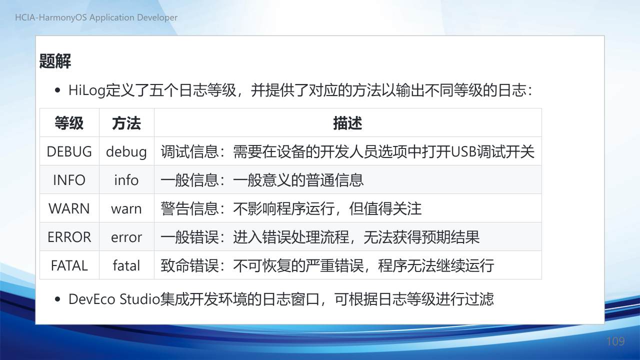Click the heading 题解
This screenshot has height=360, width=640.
(55, 61)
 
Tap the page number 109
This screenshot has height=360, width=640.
(615, 341)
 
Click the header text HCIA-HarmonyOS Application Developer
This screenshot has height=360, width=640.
(96, 17)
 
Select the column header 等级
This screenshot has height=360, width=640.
(69, 123)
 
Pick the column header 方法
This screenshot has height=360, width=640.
(126, 123)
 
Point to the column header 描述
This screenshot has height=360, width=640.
(347, 123)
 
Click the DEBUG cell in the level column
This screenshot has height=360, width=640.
(69, 151)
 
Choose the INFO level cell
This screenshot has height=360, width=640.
(69, 180)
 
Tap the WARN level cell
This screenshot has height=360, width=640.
(69, 208)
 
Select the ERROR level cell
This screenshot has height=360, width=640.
(69, 237)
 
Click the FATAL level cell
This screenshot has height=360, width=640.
(69, 265)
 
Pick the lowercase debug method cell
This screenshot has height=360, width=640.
(126, 151)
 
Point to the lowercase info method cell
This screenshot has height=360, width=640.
(126, 180)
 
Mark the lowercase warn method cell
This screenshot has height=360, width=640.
(126, 209)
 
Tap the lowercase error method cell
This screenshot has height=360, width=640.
(126, 237)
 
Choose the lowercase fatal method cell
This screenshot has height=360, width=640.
(126, 265)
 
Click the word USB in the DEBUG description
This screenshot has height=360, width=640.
(463, 151)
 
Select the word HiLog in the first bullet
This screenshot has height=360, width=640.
(87, 90)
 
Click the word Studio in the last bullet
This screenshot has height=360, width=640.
(139, 299)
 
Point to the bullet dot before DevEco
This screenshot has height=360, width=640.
(57, 299)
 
